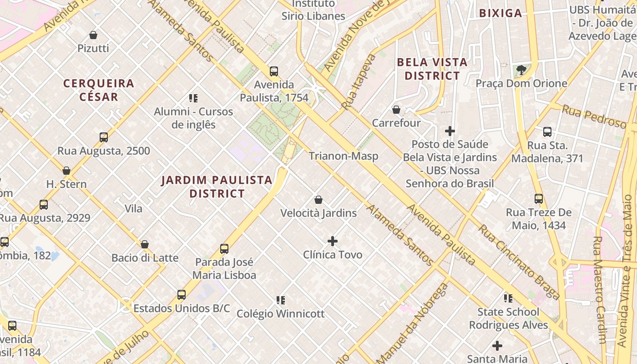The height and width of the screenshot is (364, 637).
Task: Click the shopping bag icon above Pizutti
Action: pyautogui.click(x=93, y=35)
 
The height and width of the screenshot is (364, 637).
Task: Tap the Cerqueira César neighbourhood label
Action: pyautogui.click(x=99, y=90)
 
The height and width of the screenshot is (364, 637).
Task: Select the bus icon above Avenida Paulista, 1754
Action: pyautogui.click(x=274, y=71)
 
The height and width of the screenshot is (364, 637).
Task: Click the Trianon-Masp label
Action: pyautogui.click(x=344, y=156)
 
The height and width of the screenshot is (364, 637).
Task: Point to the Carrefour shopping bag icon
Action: pyautogui.click(x=396, y=110)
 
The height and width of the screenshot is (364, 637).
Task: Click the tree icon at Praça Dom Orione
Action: pyautogui.click(x=521, y=70)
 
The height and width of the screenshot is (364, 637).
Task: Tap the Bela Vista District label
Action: pyautogui.click(x=432, y=69)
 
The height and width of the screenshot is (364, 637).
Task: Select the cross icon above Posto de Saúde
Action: pyautogui.click(x=450, y=131)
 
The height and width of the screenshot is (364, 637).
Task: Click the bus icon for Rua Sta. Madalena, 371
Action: pyautogui.click(x=547, y=132)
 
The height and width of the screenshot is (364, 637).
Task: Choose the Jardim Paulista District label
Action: pyautogui.click(x=217, y=187)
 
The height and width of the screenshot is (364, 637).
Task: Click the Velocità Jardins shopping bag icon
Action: pyautogui.click(x=318, y=200)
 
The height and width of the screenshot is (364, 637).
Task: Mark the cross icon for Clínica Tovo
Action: pyautogui.click(x=333, y=241)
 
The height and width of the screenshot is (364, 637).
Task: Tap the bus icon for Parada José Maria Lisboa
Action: pyautogui.click(x=224, y=249)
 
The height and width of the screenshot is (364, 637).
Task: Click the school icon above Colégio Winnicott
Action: pyautogui.click(x=281, y=300)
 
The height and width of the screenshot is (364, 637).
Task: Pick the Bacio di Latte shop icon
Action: pyautogui.click(x=145, y=244)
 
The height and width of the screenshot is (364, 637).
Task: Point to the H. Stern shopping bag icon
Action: pyautogui.click(x=66, y=171)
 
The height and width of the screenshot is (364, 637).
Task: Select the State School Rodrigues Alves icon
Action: pyautogui.click(x=508, y=298)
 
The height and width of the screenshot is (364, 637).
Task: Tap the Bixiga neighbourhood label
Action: pyautogui.click(x=500, y=13)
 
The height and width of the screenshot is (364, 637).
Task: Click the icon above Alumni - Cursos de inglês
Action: pyautogui.click(x=193, y=98)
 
